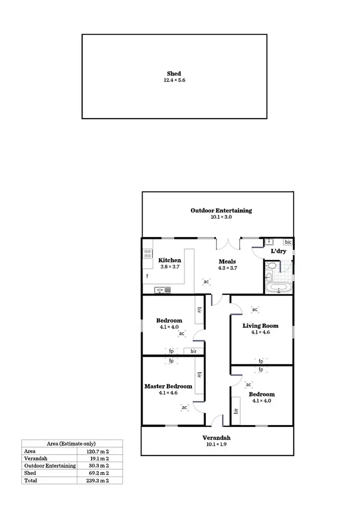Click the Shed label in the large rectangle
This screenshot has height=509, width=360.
point(174,73)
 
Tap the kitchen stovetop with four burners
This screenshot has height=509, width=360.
point(148,254)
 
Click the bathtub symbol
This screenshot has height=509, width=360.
point(278,288)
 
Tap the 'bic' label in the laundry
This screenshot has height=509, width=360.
point(287,242)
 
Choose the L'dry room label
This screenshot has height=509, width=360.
point(279,251)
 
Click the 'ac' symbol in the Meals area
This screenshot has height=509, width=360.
point(206,282)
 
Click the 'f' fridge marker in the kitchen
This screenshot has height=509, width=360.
point(147,276)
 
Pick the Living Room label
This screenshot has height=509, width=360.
point(260,326)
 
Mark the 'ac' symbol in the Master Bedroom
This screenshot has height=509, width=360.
point(184,407)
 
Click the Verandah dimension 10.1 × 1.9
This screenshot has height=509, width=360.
point(216,444)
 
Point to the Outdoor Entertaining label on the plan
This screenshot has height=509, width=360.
point(221,210)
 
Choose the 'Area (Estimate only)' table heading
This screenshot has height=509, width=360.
point(72,444)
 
